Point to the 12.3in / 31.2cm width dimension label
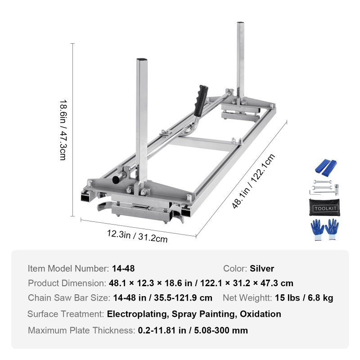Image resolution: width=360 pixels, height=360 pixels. click(x=137, y=235)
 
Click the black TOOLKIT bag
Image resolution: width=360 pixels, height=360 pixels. click(x=324, y=208)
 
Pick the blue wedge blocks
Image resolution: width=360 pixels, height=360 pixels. click(x=326, y=166)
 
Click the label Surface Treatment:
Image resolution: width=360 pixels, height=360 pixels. click(x=66, y=314)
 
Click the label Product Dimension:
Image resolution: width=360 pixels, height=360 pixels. click(x=67, y=283)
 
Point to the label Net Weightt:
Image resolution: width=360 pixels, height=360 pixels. click(x=247, y=298)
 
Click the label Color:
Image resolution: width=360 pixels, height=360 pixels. click(x=235, y=269)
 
